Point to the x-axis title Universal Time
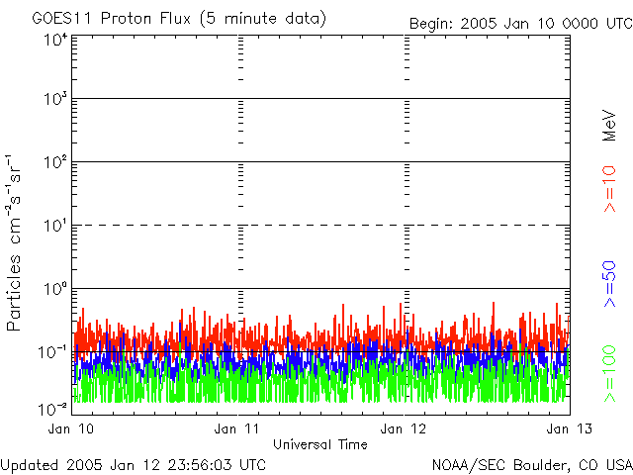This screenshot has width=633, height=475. tap(319, 444)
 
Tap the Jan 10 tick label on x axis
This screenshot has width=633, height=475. tap(71, 428)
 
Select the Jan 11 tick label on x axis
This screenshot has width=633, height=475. tap(237, 428)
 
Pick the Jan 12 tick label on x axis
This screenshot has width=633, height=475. tap(404, 428)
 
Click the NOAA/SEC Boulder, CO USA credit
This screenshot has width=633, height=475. tap(531, 464)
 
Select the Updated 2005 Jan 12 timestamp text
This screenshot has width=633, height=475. tap(134, 464)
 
